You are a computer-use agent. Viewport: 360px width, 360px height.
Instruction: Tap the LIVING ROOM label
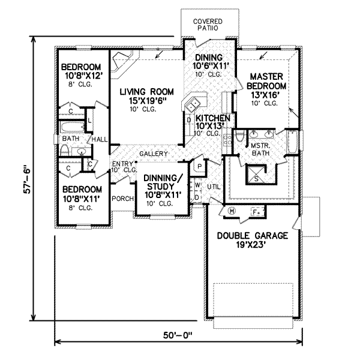pyautogui.click(x=146, y=97)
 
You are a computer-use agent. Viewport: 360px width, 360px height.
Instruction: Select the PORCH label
pyautogui.click(x=122, y=199)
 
